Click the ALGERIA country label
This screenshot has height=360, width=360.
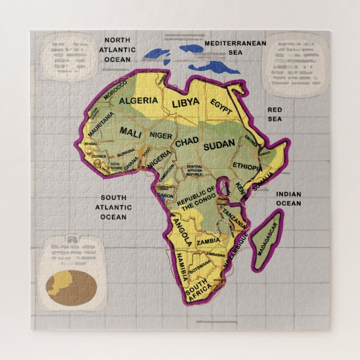138,101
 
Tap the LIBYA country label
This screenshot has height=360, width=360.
185,102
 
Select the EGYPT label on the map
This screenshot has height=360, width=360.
221,107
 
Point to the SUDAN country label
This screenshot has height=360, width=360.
219,146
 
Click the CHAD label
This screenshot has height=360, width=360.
187,143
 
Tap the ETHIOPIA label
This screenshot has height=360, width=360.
247,167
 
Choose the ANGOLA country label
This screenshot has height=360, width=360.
183,233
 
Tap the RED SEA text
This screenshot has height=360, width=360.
274,114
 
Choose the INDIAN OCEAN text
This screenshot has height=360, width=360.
288,199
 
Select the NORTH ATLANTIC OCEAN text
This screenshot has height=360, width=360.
117,50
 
